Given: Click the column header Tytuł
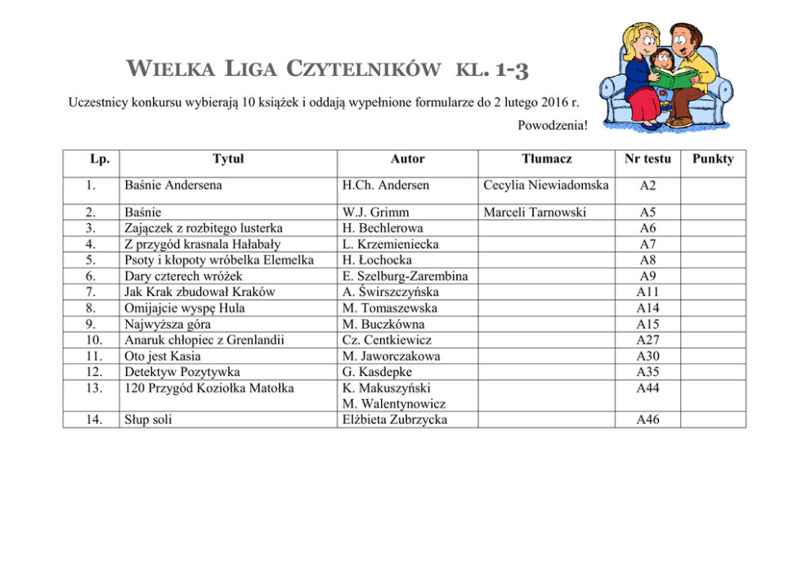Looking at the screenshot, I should tap(228, 159).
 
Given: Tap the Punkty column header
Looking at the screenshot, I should tap(713, 159).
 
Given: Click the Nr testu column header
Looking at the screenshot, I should tap(647, 159).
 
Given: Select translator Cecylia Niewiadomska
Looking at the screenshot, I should tap(546, 186).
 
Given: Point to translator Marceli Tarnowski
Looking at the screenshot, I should tap(535, 213).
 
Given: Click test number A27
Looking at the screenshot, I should tap(647, 340).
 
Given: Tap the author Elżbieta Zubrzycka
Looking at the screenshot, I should tap(397, 420).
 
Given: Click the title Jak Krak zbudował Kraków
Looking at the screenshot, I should tap(199, 292).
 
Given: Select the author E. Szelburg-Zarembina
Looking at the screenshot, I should tap(405, 276).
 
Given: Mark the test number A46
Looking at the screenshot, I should tap(647, 420).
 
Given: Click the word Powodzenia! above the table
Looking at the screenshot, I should tap(553, 125).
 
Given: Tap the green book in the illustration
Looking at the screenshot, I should tap(670, 81).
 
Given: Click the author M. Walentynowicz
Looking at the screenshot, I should tap(393, 404).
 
